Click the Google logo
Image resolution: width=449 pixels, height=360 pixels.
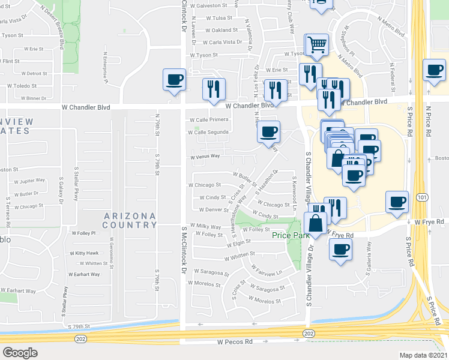point(20,353)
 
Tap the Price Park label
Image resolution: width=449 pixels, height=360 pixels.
point(289,235)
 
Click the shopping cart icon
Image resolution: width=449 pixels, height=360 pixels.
point(316,43)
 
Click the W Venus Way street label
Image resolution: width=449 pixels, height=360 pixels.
point(205,157)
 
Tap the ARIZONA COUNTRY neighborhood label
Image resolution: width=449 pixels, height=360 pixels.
point(130,220)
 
